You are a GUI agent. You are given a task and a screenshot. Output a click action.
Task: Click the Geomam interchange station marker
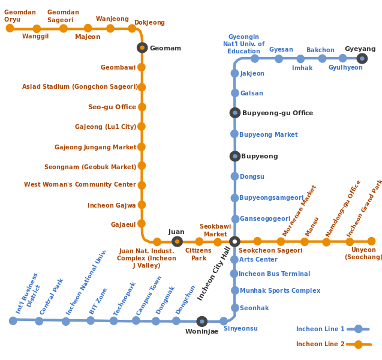[142, 47]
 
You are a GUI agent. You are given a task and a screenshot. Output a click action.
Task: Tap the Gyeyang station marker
[362, 58]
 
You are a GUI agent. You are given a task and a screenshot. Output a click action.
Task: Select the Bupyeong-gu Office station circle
[234, 113]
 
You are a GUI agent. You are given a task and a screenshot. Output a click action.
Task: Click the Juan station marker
[176, 241]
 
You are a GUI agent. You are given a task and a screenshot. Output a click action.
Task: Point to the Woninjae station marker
[201, 321]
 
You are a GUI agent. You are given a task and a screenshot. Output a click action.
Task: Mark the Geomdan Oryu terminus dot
[9, 28]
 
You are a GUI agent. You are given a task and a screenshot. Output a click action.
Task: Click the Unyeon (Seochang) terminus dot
[371, 241]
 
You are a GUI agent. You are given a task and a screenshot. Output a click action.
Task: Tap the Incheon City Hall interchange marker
[234, 241]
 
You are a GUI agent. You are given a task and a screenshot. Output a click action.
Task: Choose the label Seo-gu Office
[112, 107]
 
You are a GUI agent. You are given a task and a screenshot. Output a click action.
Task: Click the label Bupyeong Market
[268, 134]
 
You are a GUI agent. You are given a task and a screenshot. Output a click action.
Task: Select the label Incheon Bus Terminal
[274, 274]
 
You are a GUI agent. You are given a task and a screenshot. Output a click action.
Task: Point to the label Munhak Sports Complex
[279, 290]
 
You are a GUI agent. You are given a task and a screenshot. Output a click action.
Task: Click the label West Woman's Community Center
[80, 185]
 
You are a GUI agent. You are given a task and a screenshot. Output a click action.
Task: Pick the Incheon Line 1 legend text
[320, 329]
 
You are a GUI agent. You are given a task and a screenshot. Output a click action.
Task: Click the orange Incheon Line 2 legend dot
[358, 344]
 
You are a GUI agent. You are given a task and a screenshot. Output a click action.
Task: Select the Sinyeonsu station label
[240, 329]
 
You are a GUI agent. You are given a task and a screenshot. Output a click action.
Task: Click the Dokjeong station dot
[132, 28]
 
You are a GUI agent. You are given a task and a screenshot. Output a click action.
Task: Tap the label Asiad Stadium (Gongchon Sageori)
[79, 87]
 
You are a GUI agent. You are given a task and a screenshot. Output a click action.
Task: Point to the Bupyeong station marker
[234, 156]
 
